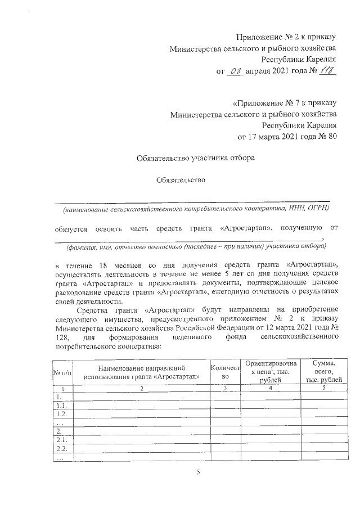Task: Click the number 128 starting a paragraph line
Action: (62, 336)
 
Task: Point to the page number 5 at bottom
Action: (198, 472)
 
